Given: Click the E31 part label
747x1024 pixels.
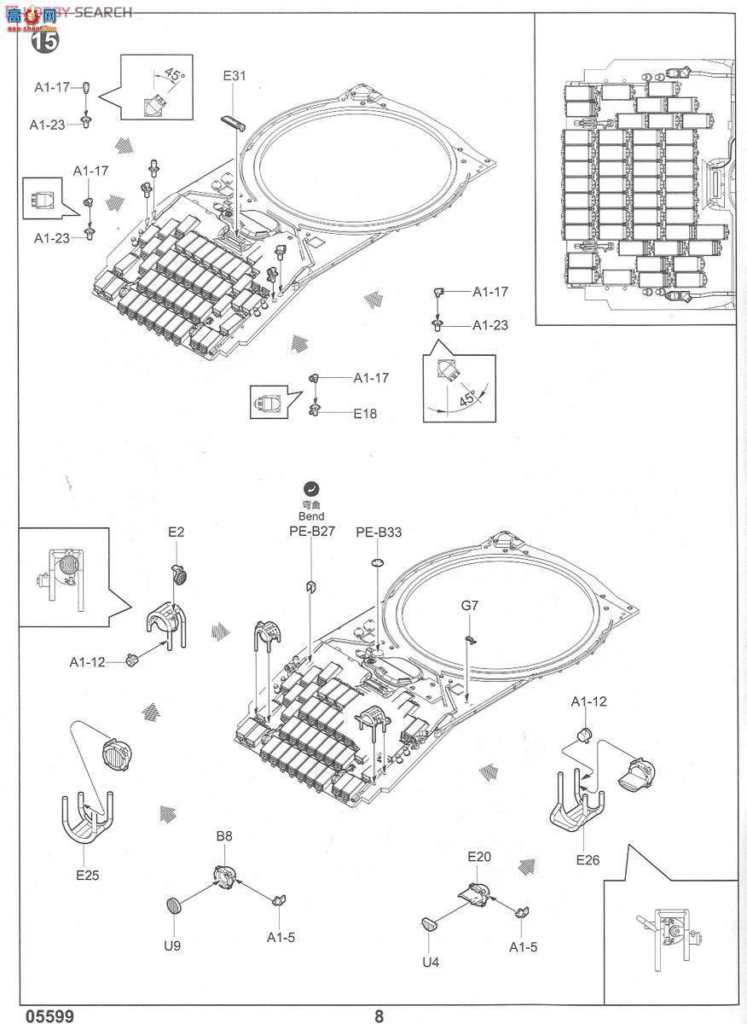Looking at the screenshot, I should tap(235, 76).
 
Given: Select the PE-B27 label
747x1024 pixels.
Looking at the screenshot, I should tap(310, 531).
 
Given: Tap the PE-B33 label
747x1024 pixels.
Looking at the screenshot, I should tap(379, 532).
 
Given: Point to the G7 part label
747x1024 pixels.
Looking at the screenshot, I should tap(470, 606).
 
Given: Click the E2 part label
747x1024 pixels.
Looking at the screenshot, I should tap(176, 532).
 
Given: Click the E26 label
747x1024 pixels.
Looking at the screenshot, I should tap(588, 859).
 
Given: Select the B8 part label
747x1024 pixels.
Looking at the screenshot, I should tap(223, 836).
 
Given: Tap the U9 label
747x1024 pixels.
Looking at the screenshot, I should tap(172, 945).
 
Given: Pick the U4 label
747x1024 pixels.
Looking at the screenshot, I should tap(431, 962).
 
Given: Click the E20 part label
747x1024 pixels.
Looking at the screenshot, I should tap(478, 856).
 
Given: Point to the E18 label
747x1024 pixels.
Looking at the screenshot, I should tap(365, 413).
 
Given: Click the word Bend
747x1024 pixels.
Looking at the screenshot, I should tap(312, 516).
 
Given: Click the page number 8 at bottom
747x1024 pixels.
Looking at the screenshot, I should tap(379, 1015).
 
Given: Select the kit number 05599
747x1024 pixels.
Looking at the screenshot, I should tap(49, 1015).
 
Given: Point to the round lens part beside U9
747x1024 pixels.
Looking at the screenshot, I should tap(174, 906).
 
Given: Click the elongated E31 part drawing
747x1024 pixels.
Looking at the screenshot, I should tap(233, 121).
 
